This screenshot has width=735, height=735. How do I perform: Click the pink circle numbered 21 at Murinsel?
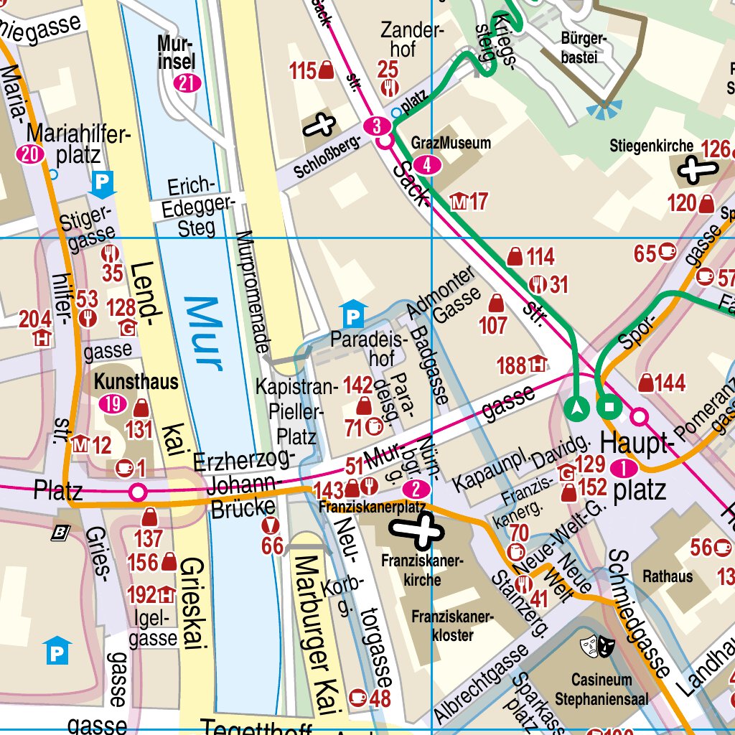pos(187,83)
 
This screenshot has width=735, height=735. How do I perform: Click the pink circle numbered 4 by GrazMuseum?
pos(428,165)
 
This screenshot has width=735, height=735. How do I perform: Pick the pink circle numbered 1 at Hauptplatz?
pos(624,469)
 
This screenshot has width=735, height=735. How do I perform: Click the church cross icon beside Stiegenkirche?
pos(697,170)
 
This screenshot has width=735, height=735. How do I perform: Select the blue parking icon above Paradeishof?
pos(352,313)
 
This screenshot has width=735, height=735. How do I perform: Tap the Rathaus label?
pos(668,576)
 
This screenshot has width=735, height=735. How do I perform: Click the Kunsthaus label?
pos(136,381)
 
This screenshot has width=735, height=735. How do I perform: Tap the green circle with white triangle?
pos(577,408)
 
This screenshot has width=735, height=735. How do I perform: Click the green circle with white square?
pos(609,408)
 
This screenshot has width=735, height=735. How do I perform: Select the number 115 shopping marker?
pos(312,70)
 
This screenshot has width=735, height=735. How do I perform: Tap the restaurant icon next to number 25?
pos(388,88)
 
